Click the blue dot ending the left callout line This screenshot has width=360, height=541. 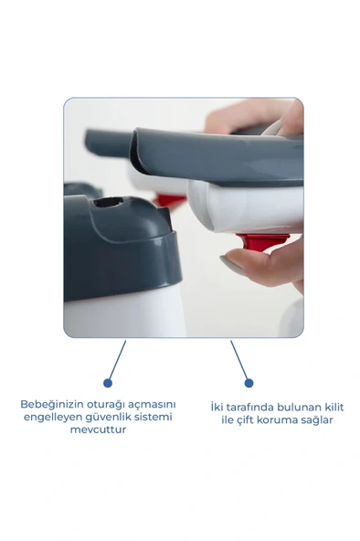(108, 383)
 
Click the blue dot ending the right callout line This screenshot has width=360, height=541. (249, 383)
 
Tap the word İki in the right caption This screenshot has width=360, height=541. (217, 407)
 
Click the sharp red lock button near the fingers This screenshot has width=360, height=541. (262, 242)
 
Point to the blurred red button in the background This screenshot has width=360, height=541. (170, 200)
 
